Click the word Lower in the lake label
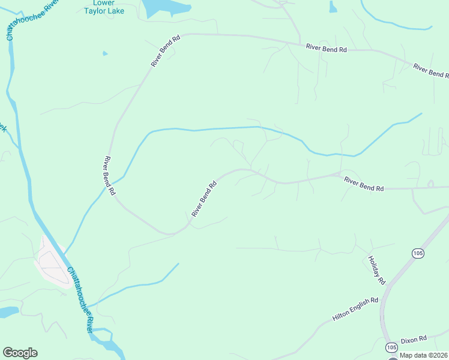coord(104,3)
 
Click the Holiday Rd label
coord(376,270)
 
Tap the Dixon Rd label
coord(414,338)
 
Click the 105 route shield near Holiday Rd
coord(418,253)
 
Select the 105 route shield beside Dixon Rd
coord(392,347)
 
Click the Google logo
coord(20,353)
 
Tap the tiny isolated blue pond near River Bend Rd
coord(106,54)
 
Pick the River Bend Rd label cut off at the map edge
coord(431,70)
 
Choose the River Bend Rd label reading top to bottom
coord(109,176)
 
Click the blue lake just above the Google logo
coord(7,312)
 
